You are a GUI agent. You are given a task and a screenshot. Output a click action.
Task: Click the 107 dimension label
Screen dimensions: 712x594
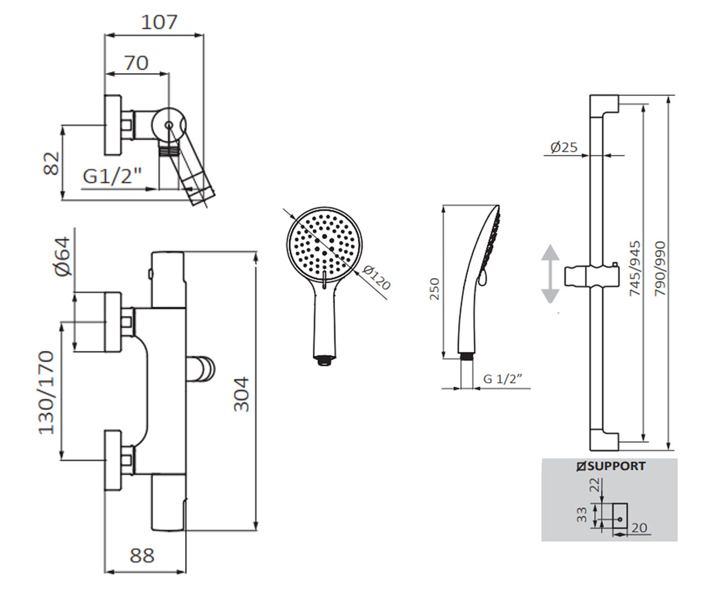(x=159, y=22)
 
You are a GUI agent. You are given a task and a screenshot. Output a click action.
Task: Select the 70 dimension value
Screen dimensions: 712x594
(x=136, y=63)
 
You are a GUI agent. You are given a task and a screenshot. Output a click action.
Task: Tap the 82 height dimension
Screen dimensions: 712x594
(x=52, y=163)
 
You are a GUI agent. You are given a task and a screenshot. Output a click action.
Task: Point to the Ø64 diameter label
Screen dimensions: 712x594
(x=62, y=257)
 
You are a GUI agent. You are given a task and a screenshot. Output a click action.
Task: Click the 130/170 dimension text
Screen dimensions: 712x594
(x=46, y=393)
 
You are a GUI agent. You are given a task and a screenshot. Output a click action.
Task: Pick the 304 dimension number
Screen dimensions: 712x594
(x=241, y=394)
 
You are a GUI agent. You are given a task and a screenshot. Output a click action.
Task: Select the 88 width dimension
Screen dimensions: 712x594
(x=142, y=555)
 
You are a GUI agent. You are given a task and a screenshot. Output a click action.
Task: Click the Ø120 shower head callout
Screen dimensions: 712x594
(x=376, y=277)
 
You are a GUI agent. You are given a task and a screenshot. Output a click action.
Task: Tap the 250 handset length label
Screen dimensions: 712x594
(x=434, y=289)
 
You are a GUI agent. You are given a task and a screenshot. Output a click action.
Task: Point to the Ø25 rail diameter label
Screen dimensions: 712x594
(x=564, y=147)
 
